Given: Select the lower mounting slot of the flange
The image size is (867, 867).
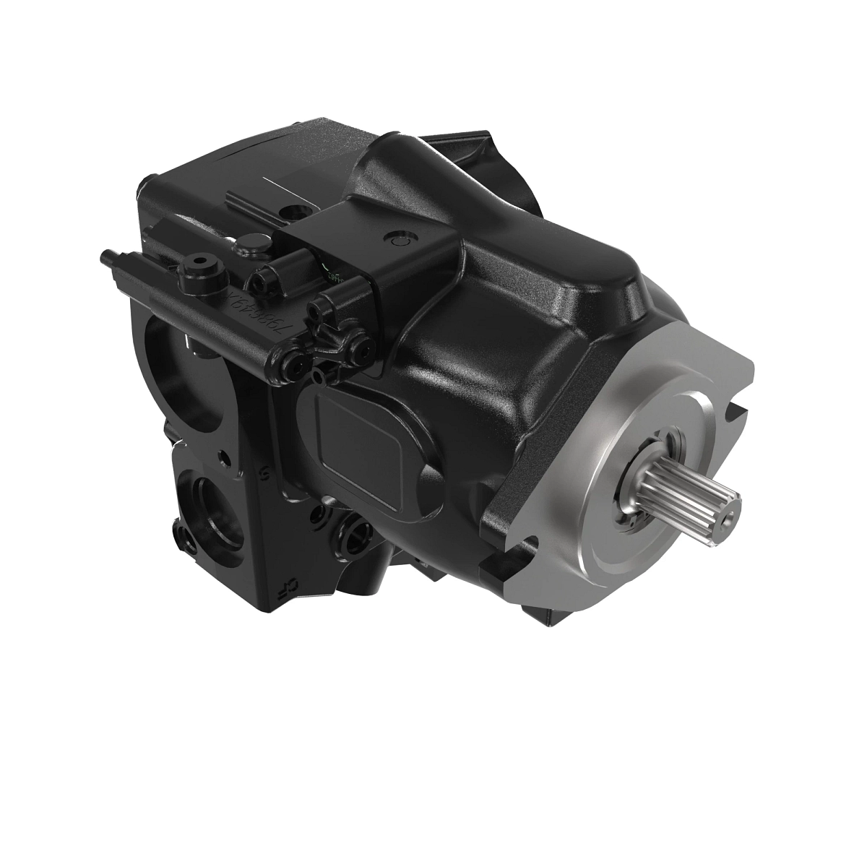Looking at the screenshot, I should tap(527, 549).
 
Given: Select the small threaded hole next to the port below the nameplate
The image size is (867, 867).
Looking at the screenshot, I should tap(319, 514).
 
